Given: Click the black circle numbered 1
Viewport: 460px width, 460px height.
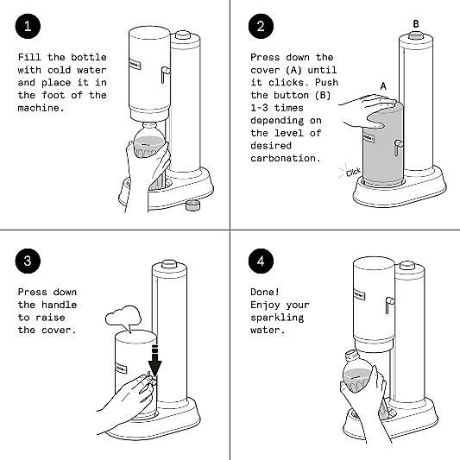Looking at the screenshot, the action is [28, 26].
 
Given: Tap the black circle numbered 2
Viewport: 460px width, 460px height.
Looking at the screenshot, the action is [261, 26].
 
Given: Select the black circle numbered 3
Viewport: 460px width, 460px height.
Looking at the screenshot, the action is [28, 261].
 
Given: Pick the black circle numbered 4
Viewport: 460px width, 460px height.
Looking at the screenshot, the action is [261, 261].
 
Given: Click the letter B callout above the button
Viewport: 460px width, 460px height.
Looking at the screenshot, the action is [416, 24].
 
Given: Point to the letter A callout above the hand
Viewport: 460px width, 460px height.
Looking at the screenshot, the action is [383, 86].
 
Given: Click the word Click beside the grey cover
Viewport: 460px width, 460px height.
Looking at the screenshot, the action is [353, 172].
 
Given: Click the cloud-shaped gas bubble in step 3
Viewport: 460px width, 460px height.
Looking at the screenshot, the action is [123, 318].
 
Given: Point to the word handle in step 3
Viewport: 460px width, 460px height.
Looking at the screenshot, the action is [59, 305].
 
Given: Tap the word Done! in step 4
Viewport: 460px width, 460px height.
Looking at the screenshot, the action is [265, 292].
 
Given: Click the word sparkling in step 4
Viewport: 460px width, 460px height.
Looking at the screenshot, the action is [277, 318].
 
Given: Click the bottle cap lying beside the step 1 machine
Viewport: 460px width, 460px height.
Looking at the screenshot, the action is [192, 205].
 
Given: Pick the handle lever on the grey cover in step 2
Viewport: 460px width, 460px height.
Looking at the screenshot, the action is [398, 148].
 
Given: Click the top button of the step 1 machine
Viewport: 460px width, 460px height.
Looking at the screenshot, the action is [183, 35].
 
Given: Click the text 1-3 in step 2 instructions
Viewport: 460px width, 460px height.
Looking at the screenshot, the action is [259, 108].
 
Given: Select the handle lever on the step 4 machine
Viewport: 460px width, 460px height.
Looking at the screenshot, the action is [389, 305].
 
